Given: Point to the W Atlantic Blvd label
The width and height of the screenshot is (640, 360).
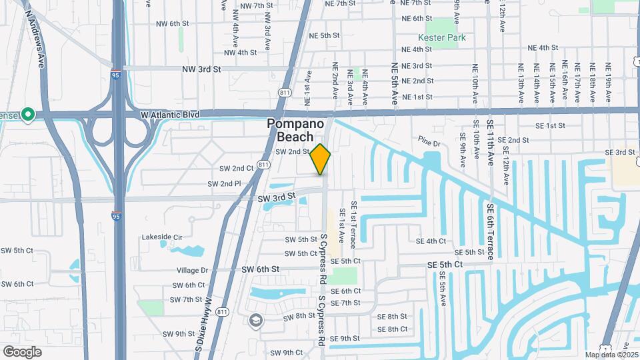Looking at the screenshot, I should [171, 115].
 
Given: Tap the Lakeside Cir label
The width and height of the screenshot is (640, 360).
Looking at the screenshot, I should [161, 237].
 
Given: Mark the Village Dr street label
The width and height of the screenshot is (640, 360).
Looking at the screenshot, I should [193, 271].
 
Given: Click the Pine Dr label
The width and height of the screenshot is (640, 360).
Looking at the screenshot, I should [430, 143].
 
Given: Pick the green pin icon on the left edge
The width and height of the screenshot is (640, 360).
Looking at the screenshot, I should [27, 115].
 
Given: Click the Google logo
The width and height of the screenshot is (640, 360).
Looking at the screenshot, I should [22, 352].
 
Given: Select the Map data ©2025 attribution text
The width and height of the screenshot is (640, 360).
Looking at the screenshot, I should [610, 355].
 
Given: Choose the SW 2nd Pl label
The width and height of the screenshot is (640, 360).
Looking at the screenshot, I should [223, 183].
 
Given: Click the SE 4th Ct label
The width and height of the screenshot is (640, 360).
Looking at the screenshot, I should [430, 241].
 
